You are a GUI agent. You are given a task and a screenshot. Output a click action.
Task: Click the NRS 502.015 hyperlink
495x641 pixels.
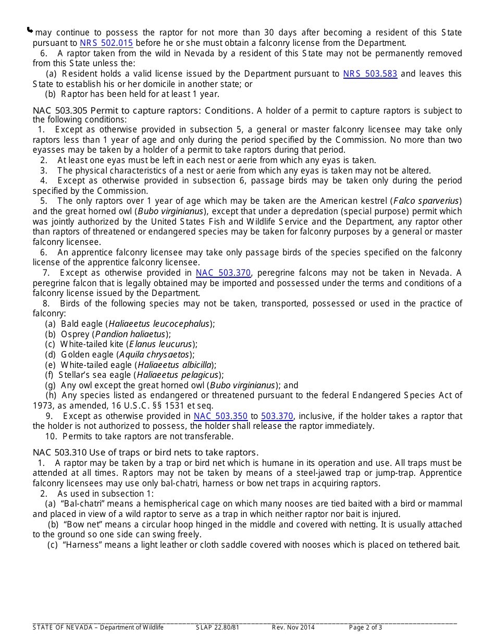(x=106, y=43)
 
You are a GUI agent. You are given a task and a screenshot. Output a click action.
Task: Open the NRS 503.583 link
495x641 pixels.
(x=370, y=74)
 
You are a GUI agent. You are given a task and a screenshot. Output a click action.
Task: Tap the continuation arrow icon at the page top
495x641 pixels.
(x=30, y=31)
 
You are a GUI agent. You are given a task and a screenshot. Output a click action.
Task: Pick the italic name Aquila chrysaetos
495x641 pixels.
(x=154, y=354)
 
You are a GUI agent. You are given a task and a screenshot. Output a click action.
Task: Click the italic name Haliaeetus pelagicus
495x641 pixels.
(x=178, y=375)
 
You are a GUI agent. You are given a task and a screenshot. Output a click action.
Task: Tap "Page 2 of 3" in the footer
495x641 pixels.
(x=365, y=627)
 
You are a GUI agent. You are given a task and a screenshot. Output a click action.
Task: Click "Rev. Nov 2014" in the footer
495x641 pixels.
(x=293, y=627)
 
